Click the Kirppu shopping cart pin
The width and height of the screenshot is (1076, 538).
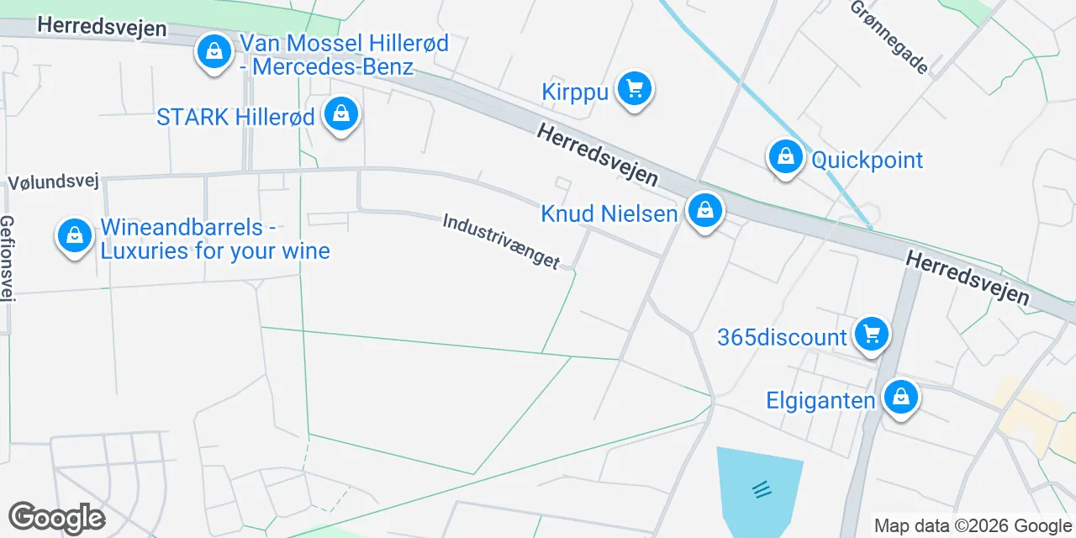click(x=634, y=89)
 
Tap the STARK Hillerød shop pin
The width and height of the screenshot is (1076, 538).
click(x=341, y=115)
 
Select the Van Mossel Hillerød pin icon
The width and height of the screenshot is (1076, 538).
click(x=214, y=52)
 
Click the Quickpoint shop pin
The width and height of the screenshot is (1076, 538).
click(x=785, y=157)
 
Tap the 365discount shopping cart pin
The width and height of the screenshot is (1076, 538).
click(x=871, y=335)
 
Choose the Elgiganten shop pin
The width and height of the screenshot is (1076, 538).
click(x=900, y=398)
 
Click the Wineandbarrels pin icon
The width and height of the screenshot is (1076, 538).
click(x=75, y=236)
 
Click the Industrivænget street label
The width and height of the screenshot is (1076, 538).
click(x=501, y=241)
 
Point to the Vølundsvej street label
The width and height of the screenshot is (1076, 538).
click(x=54, y=182)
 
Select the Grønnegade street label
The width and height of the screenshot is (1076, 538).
click(x=889, y=36)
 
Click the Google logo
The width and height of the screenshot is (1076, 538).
click(x=56, y=518)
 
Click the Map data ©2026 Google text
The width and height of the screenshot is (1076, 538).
click(x=973, y=526)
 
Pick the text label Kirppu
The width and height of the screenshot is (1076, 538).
click(x=575, y=92)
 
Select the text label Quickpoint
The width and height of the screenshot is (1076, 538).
click(x=867, y=160)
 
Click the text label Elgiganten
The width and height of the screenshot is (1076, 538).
click(x=820, y=400)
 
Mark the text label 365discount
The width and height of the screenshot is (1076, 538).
click(x=782, y=338)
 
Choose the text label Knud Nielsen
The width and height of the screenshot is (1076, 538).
click(x=609, y=214)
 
